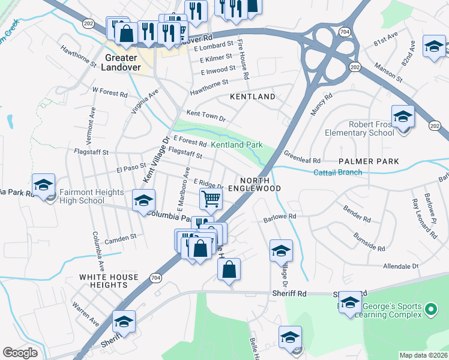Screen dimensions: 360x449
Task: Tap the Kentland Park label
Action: (237, 145)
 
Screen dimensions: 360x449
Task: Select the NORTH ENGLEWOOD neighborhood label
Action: (260, 184)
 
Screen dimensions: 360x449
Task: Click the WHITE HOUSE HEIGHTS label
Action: (109, 281)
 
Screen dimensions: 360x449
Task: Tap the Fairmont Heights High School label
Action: (92, 196)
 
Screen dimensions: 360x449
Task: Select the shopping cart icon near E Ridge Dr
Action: (211, 199)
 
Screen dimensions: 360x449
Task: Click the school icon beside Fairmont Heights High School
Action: (43, 186)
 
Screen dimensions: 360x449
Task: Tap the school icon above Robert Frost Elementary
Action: (403, 117)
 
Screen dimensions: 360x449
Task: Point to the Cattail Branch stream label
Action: (338, 173)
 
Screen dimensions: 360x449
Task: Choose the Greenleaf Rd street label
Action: (302, 157)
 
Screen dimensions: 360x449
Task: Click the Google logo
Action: (20, 353)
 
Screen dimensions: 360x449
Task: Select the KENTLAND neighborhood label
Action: (253, 97)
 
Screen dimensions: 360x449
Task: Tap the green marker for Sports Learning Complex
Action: (430, 310)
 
